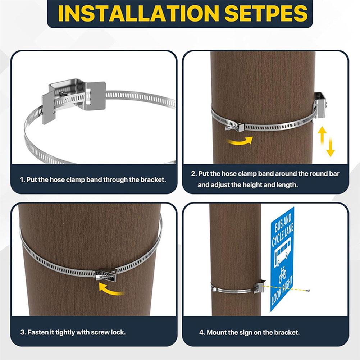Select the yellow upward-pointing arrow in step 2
tap(322, 135)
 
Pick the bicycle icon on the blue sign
tap(283, 274)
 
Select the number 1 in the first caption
tap(22, 179)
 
